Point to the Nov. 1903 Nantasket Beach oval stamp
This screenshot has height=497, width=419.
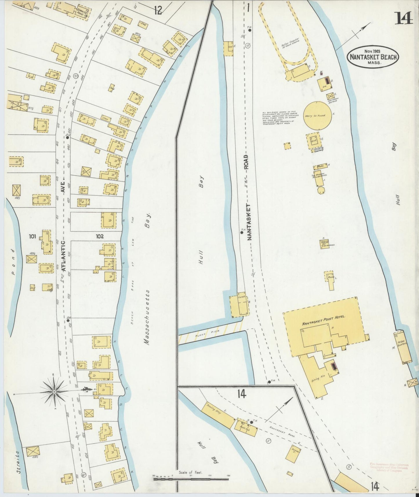pyautogui.click(x=373, y=57)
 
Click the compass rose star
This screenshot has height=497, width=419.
pyautogui.click(x=54, y=392)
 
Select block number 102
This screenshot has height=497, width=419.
pyautogui.click(x=99, y=236)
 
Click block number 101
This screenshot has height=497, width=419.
pyautogui.click(x=32, y=236)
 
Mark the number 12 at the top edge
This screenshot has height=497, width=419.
pyautogui.click(x=158, y=11)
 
